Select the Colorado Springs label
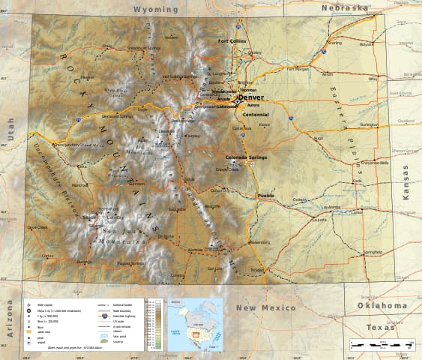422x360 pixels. pos(247,157)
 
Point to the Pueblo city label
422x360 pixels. pos(265,196)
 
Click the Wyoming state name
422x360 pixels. pos(156,10)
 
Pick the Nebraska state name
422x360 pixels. pos(345,7)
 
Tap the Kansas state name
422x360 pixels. pos(406,181)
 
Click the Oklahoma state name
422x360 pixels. pos(382,305)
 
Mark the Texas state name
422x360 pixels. pos(381,328)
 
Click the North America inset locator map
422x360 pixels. pos(194,323)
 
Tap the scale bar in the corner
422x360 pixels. pos(382,344)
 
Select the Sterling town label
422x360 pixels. pos(335,43)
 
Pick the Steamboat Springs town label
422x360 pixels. pos(144,48)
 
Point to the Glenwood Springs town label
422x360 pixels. pos(117,116)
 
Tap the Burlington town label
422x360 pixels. pos(369,124)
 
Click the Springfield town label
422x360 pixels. pos(373,252)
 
